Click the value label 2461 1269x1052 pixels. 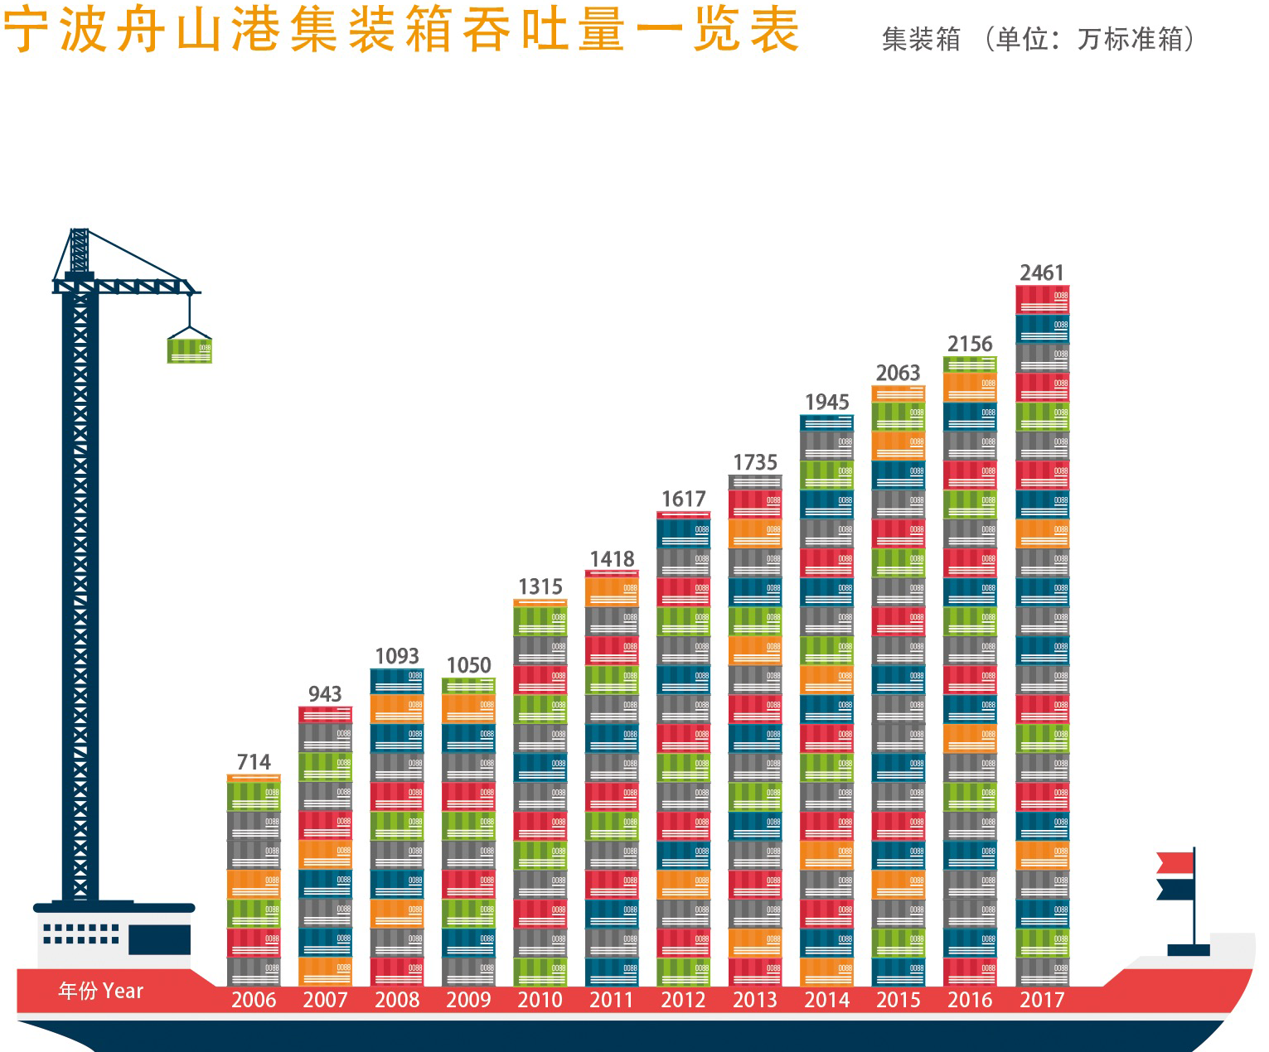(x=1042, y=273)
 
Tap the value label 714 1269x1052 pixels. (x=254, y=762)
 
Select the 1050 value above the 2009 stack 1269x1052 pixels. (x=468, y=665)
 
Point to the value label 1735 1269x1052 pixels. (x=755, y=462)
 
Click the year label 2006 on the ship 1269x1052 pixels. (x=254, y=1000)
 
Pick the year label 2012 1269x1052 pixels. (x=683, y=1000)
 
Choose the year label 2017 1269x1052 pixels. (x=1042, y=1000)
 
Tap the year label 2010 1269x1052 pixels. (x=540, y=1000)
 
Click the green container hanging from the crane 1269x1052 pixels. (x=190, y=349)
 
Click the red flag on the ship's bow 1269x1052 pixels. (x=1175, y=863)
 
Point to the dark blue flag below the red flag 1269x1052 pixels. (x=1175, y=890)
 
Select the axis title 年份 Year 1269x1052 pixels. (x=101, y=991)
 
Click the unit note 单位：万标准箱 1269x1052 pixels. (x=1094, y=39)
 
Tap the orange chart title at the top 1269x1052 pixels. (x=401, y=30)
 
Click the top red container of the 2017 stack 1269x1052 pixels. (x=1042, y=300)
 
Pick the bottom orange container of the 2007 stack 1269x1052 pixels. (x=325, y=971)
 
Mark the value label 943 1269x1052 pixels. (x=325, y=694)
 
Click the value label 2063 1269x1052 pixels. (x=898, y=374)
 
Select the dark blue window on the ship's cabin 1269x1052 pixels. (x=159, y=939)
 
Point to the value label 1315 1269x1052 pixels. (x=540, y=587)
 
